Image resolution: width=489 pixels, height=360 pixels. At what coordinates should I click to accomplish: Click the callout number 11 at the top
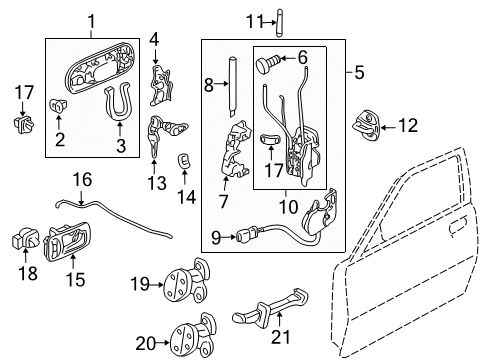[x=227, y=19]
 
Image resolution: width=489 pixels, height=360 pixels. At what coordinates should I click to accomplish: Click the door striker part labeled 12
[x=366, y=126]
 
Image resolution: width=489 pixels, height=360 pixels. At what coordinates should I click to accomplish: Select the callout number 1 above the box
[x=92, y=19]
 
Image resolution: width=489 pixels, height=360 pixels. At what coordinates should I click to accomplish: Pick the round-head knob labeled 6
[x=267, y=66]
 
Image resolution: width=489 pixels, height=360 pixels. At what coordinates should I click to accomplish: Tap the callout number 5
[x=359, y=72]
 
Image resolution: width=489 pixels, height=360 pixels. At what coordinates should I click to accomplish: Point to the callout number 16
[x=82, y=180]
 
